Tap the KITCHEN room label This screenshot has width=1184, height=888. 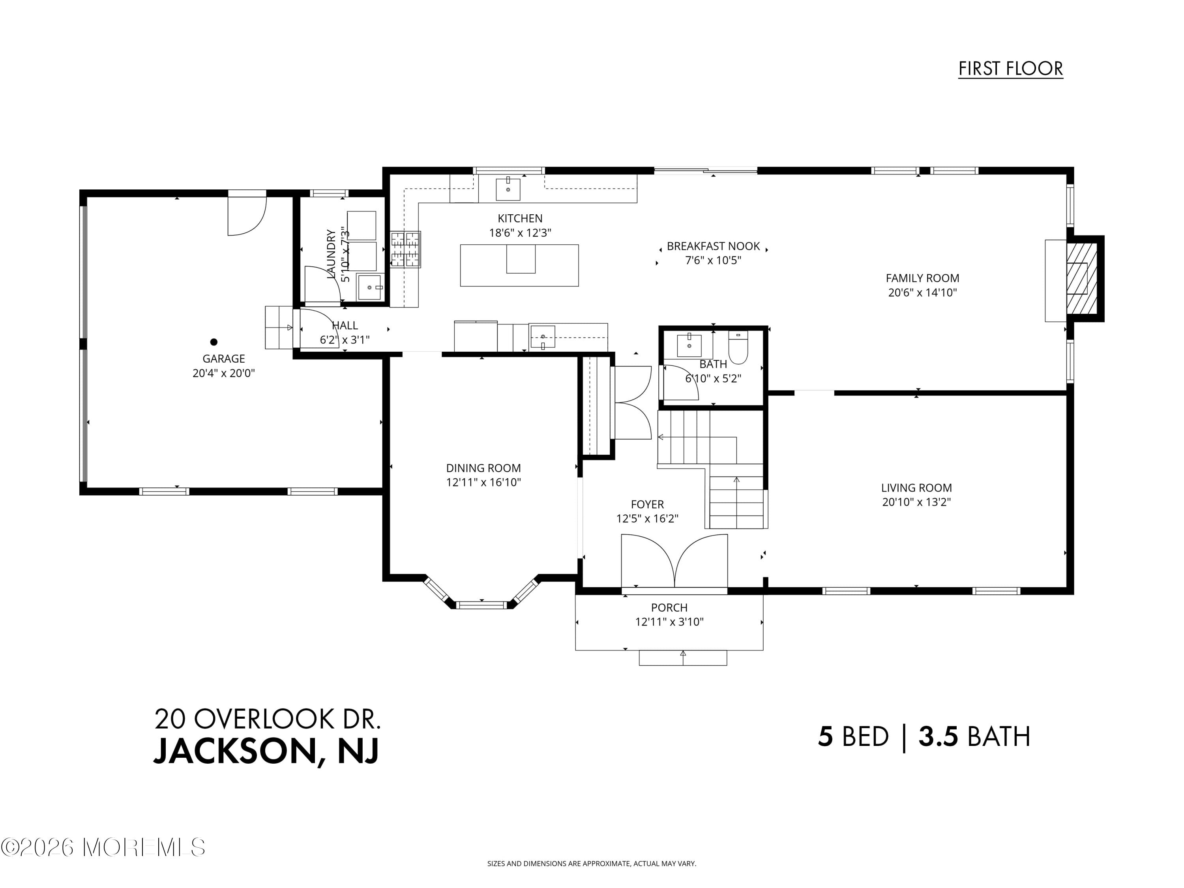point(520,218)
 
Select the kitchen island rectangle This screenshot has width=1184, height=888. point(519,266)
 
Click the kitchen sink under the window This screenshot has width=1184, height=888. point(508,189)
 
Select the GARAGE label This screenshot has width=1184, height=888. point(223,359)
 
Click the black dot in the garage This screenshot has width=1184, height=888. point(214,341)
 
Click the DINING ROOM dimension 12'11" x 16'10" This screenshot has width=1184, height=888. point(483,482)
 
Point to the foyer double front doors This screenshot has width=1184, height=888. point(674,562)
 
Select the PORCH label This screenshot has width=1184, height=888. point(669,607)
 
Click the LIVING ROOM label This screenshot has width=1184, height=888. point(916,488)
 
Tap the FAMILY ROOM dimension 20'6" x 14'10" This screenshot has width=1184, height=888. point(922,293)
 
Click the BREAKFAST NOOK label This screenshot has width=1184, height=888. point(713,246)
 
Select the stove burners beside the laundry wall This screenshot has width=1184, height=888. point(405,249)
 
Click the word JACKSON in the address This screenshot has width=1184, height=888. point(236,751)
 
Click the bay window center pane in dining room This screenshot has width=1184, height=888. point(481,605)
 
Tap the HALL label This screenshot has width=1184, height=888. point(345,326)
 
